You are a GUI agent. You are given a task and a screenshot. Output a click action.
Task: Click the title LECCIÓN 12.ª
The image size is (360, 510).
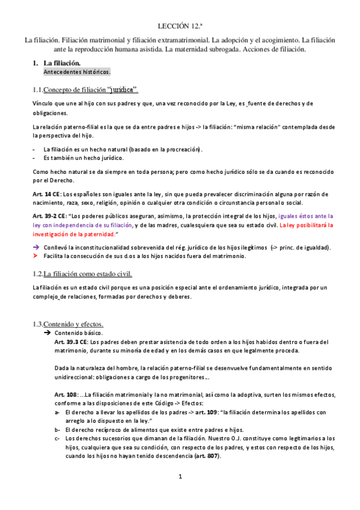pyautogui.click(x=180, y=26)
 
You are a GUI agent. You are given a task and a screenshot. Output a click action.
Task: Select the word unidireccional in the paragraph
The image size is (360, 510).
pyautogui.click(x=74, y=378)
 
